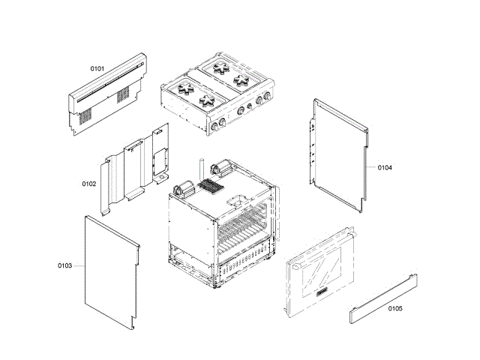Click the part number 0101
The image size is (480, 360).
point(97,68)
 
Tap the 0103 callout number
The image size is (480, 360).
point(64,265)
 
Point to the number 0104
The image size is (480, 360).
point(385,167)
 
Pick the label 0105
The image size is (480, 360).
point(395,308)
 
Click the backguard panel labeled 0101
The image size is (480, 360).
point(109,94)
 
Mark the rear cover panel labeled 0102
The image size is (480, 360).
point(135,169)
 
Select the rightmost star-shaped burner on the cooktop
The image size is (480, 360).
point(241,78)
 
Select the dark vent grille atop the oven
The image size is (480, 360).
point(212,186)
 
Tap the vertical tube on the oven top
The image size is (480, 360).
point(202,172)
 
